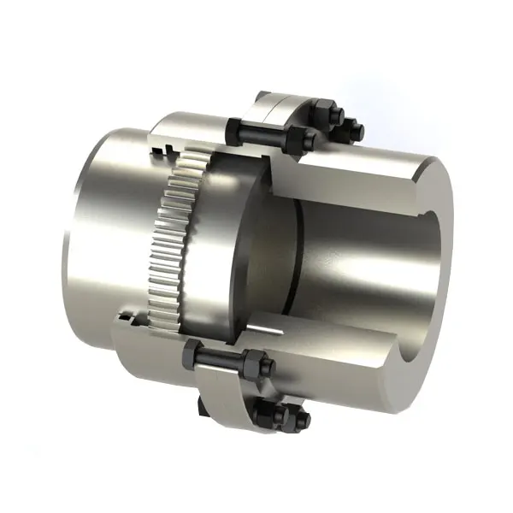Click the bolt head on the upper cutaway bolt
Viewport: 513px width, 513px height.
[236, 128]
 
